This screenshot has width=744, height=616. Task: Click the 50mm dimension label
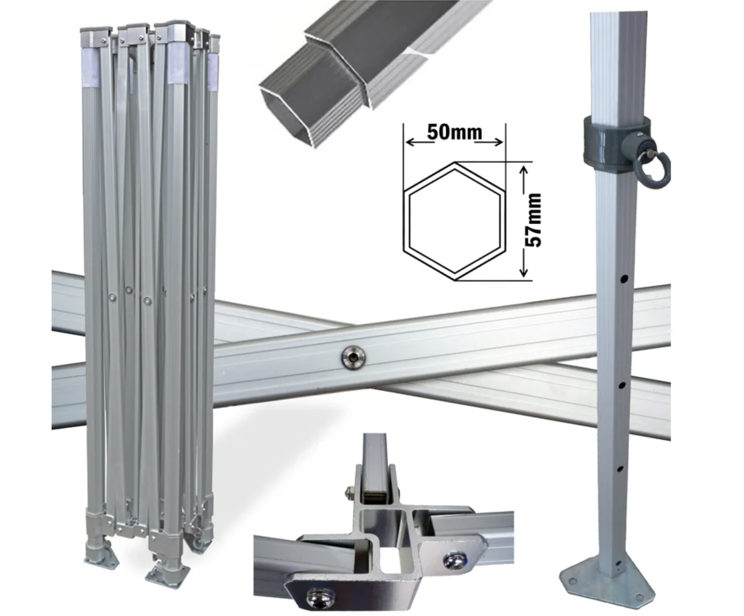(454, 133)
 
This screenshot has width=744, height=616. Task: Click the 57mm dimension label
(533, 220)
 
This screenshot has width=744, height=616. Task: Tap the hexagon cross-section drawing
(455, 221)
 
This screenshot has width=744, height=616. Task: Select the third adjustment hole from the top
(620, 469)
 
